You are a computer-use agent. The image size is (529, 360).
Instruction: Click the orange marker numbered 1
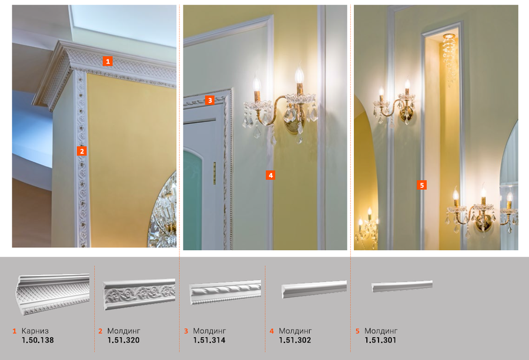108,61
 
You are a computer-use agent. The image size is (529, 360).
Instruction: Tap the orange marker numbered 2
82,151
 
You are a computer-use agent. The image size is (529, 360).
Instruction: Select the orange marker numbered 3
210,100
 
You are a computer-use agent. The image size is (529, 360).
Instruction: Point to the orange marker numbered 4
270,175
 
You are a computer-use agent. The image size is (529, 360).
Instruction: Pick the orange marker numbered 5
421,185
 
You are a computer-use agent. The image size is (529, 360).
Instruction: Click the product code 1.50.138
38,340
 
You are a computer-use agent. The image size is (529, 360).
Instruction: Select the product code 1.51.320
123,340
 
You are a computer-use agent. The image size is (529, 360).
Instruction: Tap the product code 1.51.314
209,340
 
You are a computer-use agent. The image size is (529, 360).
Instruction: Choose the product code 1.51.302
295,340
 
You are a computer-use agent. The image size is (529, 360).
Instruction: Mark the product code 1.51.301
380,340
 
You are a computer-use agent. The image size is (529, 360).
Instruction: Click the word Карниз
35,331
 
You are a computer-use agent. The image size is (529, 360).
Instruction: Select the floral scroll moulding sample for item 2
139,294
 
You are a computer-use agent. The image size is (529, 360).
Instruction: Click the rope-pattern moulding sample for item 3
225,292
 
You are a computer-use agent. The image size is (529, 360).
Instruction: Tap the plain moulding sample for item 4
314,289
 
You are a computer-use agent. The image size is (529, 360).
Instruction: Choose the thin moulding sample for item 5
402,286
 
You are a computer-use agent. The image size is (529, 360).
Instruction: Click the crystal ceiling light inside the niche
449,59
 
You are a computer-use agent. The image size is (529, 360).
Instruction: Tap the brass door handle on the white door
214,173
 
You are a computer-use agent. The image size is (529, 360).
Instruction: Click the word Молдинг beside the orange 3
209,331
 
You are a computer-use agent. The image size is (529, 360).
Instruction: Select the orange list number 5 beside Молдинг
357,331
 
